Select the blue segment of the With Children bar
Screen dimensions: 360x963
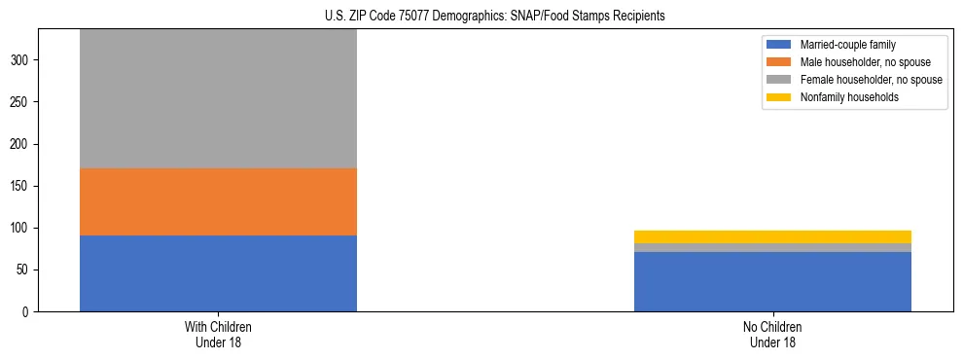218,273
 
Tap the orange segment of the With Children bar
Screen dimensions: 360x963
218,202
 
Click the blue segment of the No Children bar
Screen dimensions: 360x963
772,282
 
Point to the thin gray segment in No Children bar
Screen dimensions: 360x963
772,248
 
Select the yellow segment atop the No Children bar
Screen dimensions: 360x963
772,236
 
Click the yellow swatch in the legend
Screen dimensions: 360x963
779,97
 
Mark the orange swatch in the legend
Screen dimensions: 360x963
779,62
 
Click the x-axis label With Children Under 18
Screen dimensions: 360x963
218,335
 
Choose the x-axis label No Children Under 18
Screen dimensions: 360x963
772,335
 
